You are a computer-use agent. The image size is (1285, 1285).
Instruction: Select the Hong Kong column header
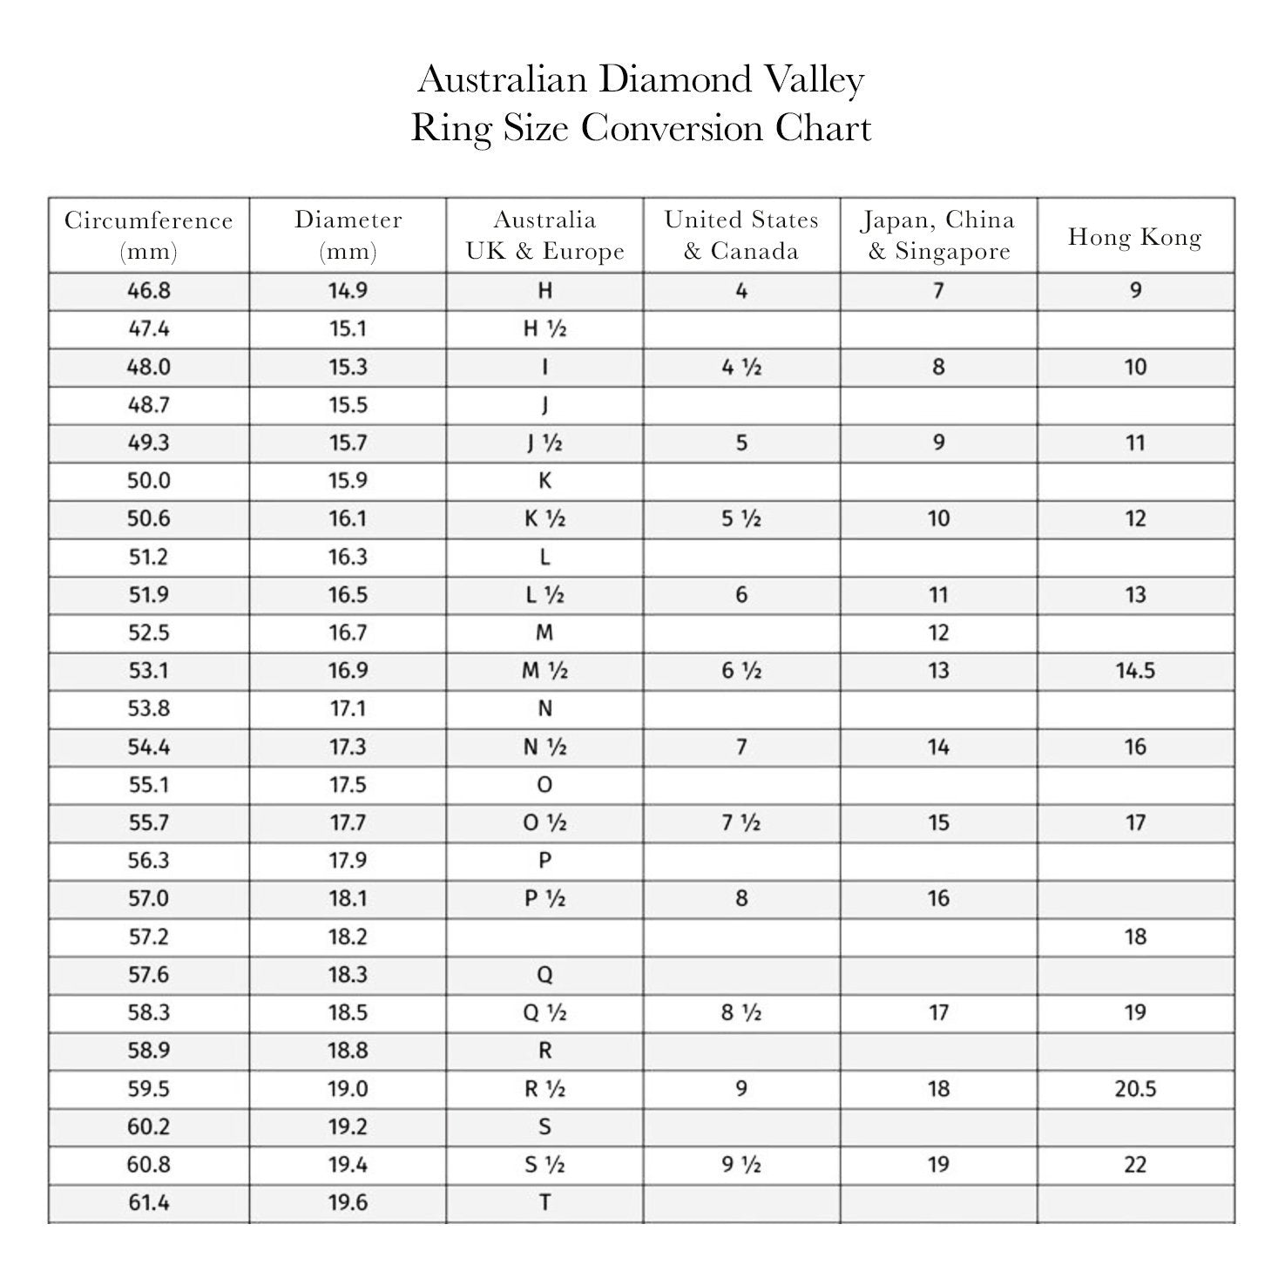coord(1134,237)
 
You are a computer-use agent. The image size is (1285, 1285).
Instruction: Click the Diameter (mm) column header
coord(348,235)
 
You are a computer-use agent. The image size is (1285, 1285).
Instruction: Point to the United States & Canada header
coord(741,235)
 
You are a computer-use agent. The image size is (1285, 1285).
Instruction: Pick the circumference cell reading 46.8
coord(149,291)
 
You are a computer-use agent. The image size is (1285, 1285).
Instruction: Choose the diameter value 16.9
coord(348,671)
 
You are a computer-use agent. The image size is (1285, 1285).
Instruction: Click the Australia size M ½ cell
coord(544,671)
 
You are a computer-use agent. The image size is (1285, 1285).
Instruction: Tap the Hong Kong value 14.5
coord(1135,671)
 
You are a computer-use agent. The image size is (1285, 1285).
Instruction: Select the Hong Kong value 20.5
coord(1135,1089)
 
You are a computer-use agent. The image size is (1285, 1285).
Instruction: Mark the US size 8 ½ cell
coord(741,1013)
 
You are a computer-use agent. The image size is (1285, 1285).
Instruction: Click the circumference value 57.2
coord(149,937)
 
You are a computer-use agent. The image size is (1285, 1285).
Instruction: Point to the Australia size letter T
coord(544,1203)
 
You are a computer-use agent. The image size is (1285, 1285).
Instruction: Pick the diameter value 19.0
coord(348,1089)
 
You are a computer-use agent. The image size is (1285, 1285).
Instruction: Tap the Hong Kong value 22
coord(1135,1165)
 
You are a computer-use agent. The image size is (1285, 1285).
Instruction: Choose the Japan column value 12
coord(938,633)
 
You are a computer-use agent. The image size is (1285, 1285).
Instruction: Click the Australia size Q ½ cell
coord(544,1013)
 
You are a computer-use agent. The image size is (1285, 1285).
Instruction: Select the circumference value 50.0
coord(149,481)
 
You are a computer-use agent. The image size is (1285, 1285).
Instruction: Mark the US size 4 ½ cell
coord(741,368)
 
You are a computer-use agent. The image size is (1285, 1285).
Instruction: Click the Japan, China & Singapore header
coord(938,235)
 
